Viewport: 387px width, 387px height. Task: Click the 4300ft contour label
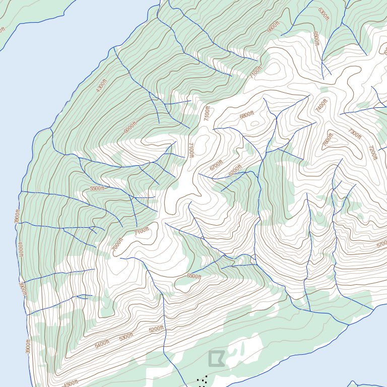(102, 86)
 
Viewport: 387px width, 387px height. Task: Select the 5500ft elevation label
(97, 188)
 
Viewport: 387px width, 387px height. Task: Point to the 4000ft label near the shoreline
(21, 250)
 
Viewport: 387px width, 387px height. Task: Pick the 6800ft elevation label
(247, 115)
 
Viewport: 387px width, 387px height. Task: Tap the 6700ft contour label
(216, 165)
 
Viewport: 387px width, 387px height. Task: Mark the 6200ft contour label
(235, 170)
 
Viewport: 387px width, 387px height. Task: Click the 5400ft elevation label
(102, 344)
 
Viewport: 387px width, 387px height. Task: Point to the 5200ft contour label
(156, 330)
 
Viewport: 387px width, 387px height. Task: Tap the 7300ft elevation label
(355, 134)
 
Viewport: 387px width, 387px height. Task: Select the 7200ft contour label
(373, 153)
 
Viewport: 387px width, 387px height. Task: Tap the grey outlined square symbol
(216, 358)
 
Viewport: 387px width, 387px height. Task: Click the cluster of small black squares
(203, 381)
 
